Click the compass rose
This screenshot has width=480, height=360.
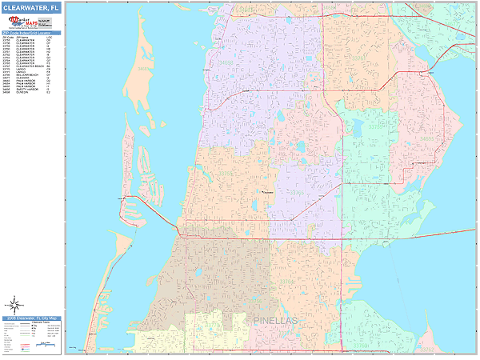14,305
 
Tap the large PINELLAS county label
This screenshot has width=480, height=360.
274,321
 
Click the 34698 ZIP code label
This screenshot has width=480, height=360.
232,60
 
